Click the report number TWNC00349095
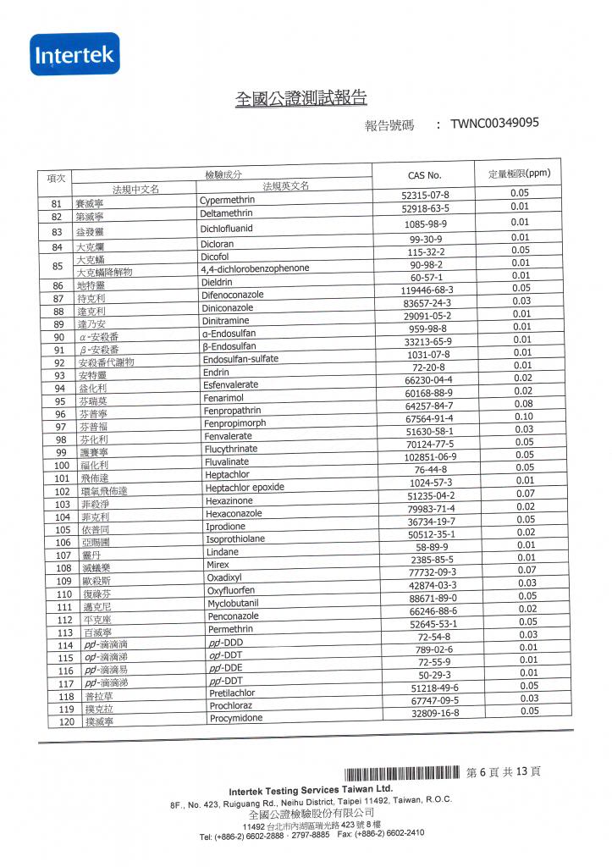click(494, 124)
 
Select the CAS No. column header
click(424, 175)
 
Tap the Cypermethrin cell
click(227, 201)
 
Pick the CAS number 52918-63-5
click(425, 207)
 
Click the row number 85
click(58, 267)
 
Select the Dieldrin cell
click(217, 282)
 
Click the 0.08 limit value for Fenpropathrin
click(523, 404)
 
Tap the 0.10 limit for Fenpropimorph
click(523, 417)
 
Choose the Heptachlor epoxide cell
click(245, 488)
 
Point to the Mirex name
click(218, 564)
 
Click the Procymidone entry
click(236, 718)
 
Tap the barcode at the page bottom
click(402, 773)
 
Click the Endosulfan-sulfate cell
click(240, 359)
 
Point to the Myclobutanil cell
click(233, 603)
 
